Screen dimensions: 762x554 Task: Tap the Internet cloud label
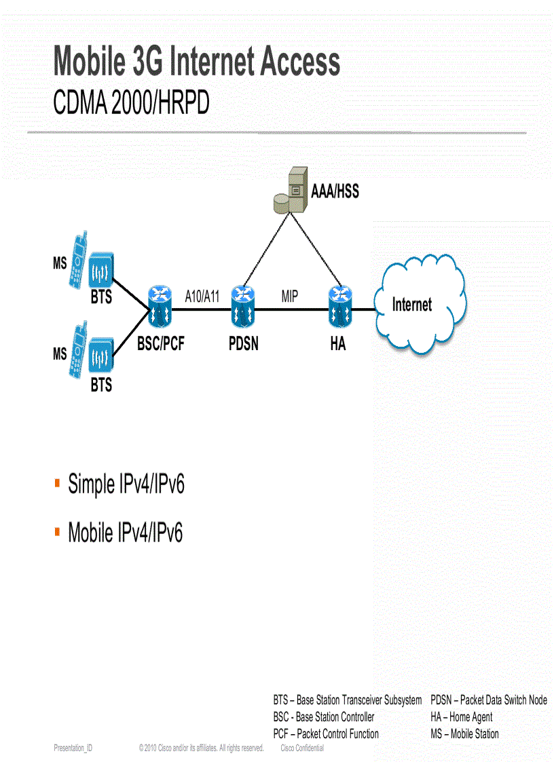coord(411,305)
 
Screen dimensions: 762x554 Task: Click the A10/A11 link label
coord(202,296)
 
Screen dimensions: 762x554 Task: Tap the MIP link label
coord(290,296)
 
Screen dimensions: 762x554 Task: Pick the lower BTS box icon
coord(101,358)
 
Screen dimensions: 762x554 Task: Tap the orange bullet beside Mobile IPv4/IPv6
coord(58,530)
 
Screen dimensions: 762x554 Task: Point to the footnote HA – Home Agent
coord(461,717)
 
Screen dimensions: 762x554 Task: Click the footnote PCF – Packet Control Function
coord(326,734)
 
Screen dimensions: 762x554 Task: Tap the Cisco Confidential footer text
coord(302,748)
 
